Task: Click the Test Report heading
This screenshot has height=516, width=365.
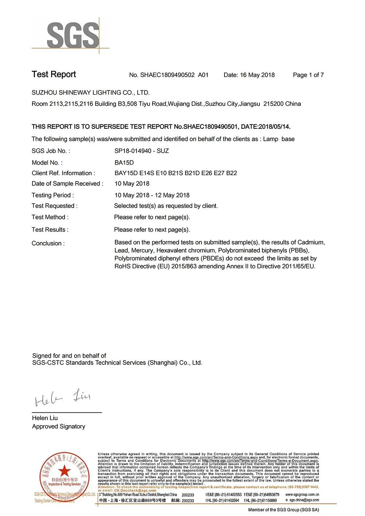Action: [x=54, y=74]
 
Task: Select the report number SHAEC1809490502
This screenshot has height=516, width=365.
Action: [x=168, y=75]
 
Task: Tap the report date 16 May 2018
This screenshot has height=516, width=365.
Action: [x=257, y=75]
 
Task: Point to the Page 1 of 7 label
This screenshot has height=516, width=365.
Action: [x=308, y=75]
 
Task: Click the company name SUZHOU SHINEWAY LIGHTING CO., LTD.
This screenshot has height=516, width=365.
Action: [x=91, y=93]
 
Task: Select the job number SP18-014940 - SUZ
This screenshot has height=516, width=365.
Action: [x=142, y=151]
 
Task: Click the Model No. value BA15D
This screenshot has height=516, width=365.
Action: [x=124, y=163]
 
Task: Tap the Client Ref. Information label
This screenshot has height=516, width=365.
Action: [x=63, y=173]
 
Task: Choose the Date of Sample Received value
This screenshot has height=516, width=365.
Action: [x=132, y=184]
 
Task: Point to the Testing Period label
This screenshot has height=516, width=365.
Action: [x=53, y=195]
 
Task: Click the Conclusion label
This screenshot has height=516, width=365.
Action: [x=48, y=243]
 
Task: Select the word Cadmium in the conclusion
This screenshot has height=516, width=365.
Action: [x=311, y=242]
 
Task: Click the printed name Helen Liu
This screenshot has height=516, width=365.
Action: [x=45, y=418]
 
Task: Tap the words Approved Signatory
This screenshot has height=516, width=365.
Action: [x=58, y=427]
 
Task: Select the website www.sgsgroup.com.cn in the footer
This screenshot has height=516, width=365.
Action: [x=302, y=495]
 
